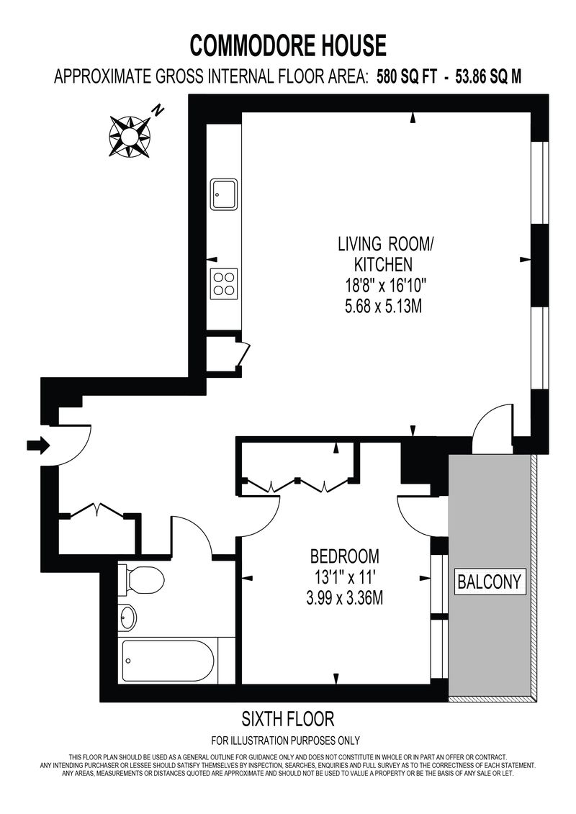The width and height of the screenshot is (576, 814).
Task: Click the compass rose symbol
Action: coord(130,136)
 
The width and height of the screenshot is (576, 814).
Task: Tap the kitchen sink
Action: coord(225,194)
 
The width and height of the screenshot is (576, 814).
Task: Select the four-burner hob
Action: coord(224,284)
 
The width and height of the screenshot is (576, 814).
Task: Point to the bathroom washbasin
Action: coord(127,617)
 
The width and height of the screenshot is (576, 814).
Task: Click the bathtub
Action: coord(168,662)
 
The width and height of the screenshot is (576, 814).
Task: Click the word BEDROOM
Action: coord(344,556)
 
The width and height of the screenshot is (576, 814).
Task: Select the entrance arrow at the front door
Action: coord(38,445)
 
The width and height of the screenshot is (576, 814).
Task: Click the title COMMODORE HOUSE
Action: coord(288,45)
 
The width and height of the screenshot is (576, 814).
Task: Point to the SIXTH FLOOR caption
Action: coord(288,719)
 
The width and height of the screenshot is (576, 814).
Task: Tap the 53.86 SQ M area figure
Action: coord(487,77)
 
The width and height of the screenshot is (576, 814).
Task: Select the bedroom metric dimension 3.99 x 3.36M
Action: coord(344,599)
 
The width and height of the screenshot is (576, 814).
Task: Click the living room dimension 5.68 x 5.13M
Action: coord(383,307)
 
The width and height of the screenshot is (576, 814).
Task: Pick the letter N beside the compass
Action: coord(158,110)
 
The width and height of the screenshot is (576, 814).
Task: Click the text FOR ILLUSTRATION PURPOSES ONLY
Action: coord(285,741)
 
